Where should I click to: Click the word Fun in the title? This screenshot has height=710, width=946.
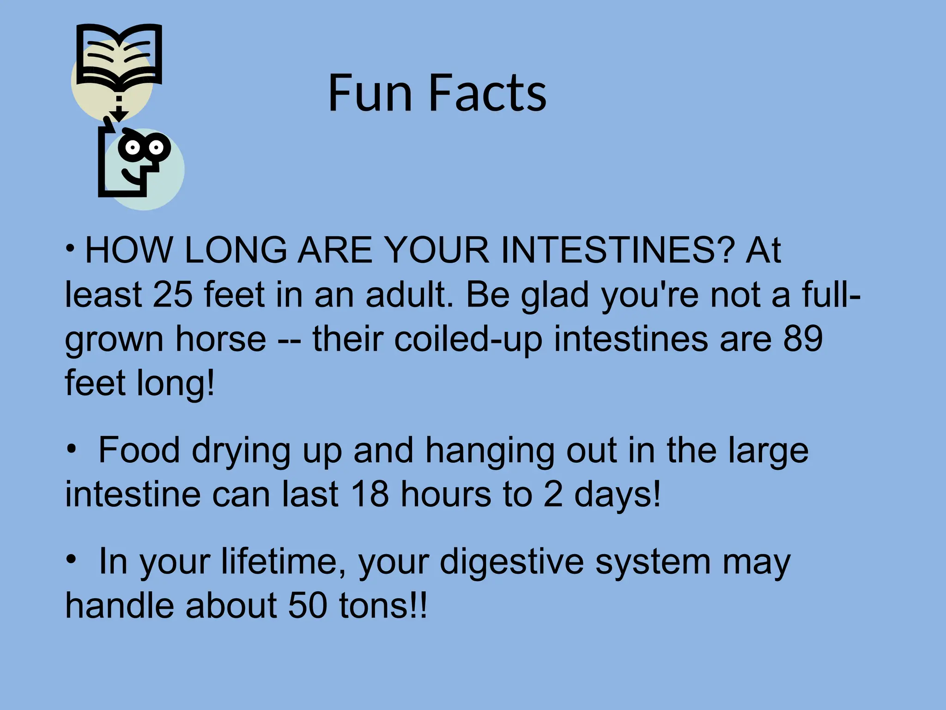coord(370,93)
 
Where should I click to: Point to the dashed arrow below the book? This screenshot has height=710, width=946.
coord(119,108)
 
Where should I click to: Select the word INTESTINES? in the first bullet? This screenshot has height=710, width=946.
coord(617,251)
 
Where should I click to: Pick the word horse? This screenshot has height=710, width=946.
coord(221,339)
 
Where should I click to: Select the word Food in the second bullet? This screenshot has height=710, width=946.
coord(139,450)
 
